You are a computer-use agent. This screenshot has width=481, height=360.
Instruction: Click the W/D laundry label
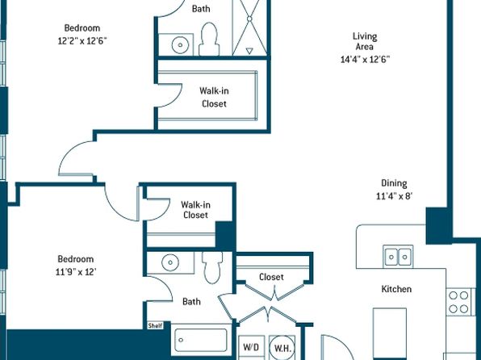pyautogui.click(x=251, y=347)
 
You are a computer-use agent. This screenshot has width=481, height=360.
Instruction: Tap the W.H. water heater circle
pyautogui.click(x=282, y=349)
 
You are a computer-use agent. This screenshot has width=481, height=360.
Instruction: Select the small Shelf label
pyautogui.click(x=155, y=325)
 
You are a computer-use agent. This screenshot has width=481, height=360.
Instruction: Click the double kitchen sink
pyautogui.click(x=398, y=256)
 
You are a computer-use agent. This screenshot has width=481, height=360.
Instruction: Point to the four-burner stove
pyautogui.click(x=459, y=302)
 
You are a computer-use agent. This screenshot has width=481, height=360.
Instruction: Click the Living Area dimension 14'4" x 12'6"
pyautogui.click(x=365, y=59)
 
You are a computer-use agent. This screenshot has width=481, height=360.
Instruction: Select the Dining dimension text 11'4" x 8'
pyautogui.click(x=394, y=196)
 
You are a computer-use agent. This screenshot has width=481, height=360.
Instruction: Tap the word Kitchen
pyautogui.click(x=396, y=289)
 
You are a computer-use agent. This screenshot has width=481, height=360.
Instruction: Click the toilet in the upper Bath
pyautogui.click(x=209, y=39)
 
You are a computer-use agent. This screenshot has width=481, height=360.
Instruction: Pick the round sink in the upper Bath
pyautogui.click(x=180, y=45)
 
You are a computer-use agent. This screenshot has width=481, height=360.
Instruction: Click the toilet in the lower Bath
pyautogui.click(x=212, y=267)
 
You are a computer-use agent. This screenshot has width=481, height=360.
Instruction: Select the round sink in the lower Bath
pyautogui.click(x=170, y=262)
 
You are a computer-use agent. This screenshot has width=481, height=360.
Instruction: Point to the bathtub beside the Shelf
pyautogui.click(x=201, y=340)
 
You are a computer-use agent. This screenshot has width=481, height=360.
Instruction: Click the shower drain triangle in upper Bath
pyautogui.click(x=249, y=51)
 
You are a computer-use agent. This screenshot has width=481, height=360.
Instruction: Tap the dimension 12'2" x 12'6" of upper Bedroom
pyautogui.click(x=82, y=41)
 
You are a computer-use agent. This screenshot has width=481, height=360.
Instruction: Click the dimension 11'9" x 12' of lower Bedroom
pyautogui.click(x=76, y=272)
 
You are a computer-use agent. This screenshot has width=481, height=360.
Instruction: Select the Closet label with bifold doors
pyautogui.click(x=271, y=277)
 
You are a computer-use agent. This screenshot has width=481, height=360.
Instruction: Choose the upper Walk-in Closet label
pyautogui.click(x=214, y=98)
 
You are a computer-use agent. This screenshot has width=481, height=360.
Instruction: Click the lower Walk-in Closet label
pyautogui.click(x=196, y=210)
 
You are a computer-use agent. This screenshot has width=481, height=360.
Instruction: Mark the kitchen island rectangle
pyautogui.click(x=390, y=333)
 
